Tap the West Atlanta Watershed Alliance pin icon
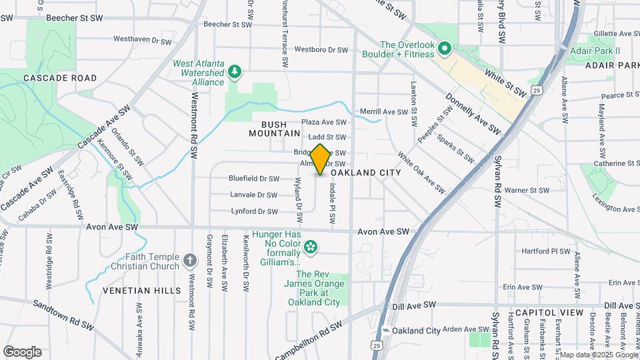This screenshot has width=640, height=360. point(234,71)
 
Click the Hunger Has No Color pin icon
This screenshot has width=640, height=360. point(310,248)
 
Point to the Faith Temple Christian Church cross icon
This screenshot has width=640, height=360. point(190,260)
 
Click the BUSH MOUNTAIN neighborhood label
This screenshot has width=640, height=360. point(275,129)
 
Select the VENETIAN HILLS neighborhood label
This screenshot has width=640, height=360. point(141,291)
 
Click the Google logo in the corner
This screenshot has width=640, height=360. point(22,352)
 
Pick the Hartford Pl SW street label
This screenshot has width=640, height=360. point(546,252)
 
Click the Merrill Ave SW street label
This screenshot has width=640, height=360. point(383,111)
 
